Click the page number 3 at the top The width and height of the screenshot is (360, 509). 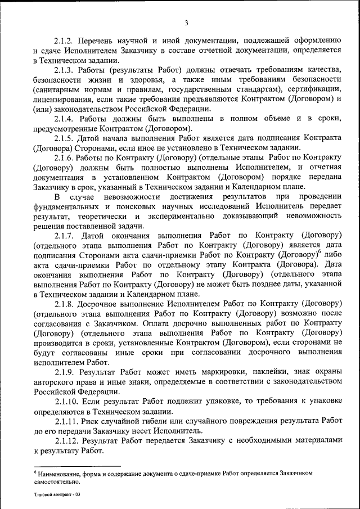coord(186,23)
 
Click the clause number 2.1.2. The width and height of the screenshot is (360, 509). coord(65,41)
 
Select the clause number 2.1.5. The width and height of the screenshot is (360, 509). coord(65,138)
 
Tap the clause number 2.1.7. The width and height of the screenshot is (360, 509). coord(65,236)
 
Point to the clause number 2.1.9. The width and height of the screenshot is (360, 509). coord(65,372)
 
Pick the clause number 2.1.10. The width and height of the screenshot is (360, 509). coord(67,402)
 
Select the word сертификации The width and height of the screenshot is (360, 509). coord(318,89)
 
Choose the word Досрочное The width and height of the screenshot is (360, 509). coord(106,304)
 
